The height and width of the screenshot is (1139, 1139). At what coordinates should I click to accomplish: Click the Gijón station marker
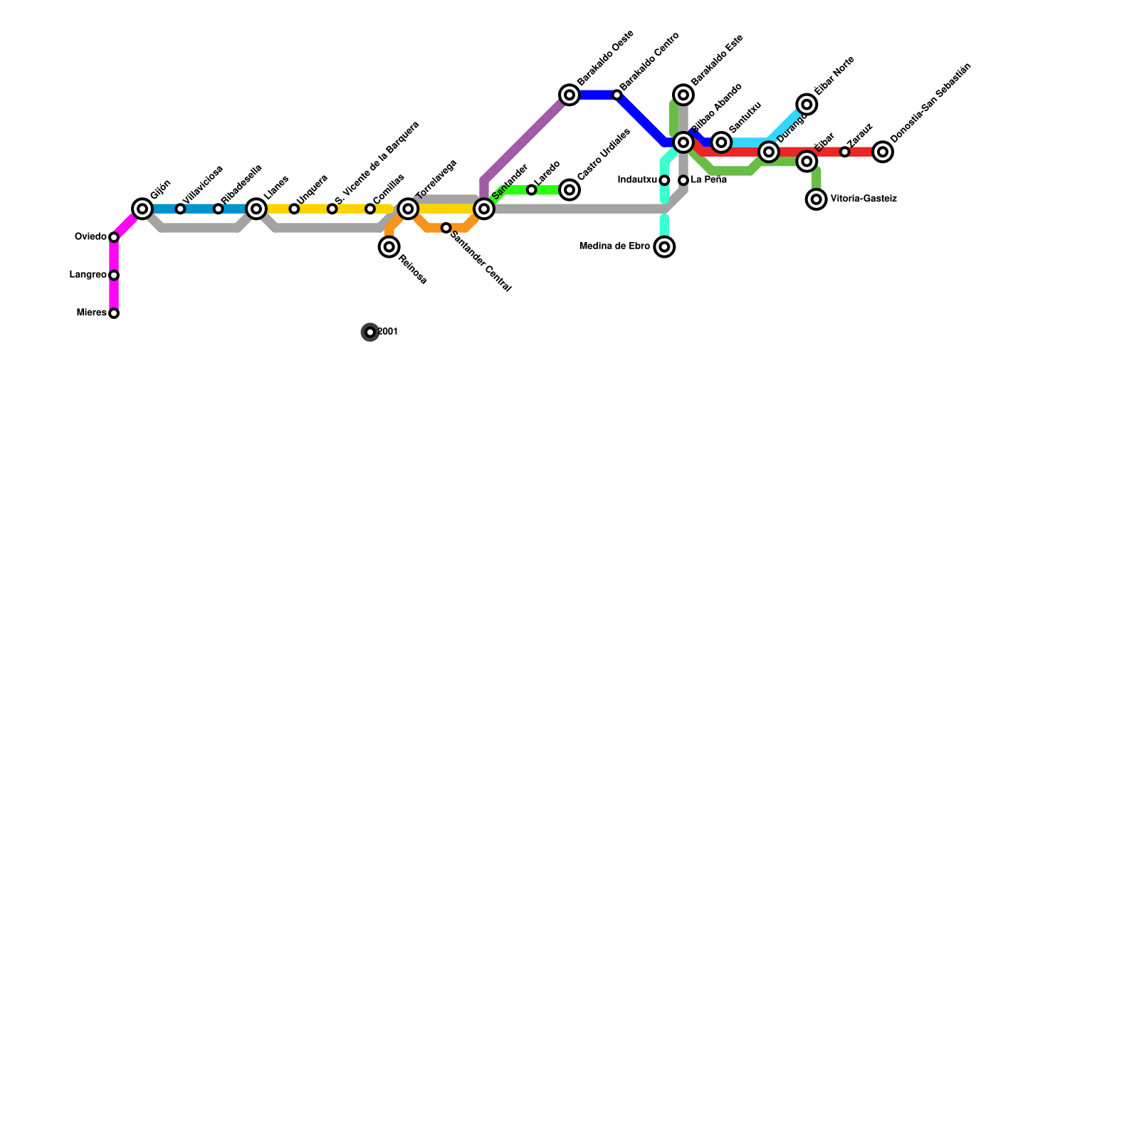(142, 209)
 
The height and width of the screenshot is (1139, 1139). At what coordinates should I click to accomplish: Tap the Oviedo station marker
(114, 237)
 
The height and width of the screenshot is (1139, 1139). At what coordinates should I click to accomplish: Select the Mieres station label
(91, 313)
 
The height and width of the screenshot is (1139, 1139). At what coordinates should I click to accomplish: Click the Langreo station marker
(114, 275)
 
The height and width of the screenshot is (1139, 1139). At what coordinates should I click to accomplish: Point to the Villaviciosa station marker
(180, 209)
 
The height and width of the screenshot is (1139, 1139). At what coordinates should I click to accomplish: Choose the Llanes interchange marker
(256, 209)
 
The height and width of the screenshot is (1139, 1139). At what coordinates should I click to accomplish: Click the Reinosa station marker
(389, 247)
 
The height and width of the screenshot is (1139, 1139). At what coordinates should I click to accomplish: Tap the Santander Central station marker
(446, 228)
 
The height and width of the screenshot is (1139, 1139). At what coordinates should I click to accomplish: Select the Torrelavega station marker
(408, 209)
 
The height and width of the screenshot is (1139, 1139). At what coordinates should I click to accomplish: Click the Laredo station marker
(531, 190)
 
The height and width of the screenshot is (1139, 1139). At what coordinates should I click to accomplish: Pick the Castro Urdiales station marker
(569, 190)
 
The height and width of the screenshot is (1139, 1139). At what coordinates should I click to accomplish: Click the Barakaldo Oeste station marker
(569, 95)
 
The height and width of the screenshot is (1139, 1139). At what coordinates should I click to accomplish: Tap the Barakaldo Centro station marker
(616, 95)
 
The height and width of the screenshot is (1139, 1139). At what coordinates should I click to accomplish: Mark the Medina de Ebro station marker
(664, 247)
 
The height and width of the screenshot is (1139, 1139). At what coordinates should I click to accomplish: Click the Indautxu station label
(637, 180)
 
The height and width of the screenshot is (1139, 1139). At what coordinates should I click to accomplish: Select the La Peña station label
(709, 180)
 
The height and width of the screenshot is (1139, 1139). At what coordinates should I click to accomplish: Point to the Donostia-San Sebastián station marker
(883, 152)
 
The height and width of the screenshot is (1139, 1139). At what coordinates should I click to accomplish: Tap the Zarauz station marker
(844, 152)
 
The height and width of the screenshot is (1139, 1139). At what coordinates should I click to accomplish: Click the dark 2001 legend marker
(370, 332)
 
